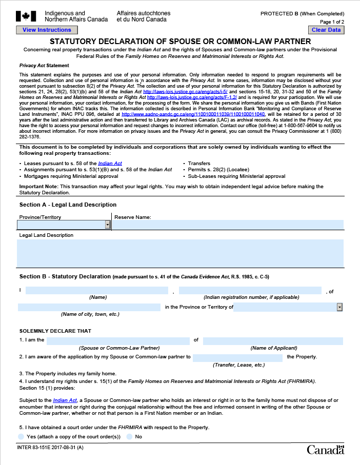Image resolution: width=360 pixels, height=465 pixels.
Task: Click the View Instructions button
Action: tap(47, 30)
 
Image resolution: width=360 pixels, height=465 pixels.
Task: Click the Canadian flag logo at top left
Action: tap(26, 16)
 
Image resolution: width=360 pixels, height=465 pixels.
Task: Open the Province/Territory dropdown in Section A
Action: tap(108, 225)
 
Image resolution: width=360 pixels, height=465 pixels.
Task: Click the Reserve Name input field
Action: tap(228, 225)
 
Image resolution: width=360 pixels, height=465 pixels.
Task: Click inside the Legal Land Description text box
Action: tap(180, 253)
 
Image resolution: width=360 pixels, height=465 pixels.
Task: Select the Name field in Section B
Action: tap(97, 291)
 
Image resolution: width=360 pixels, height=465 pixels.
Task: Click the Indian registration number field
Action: tap(250, 291)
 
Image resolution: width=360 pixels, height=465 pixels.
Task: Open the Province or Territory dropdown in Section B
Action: tap(339, 307)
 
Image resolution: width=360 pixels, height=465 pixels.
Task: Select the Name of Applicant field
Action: tap(273, 341)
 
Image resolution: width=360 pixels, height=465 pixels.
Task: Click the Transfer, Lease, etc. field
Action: tap(238, 357)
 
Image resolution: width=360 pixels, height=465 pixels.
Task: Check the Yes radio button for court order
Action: tap(21, 436)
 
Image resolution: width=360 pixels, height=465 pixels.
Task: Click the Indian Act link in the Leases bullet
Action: tap(110, 163)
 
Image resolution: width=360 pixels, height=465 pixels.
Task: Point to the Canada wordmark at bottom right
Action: tap(326, 450)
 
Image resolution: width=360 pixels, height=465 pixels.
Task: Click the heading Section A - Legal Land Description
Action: tap(68, 205)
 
